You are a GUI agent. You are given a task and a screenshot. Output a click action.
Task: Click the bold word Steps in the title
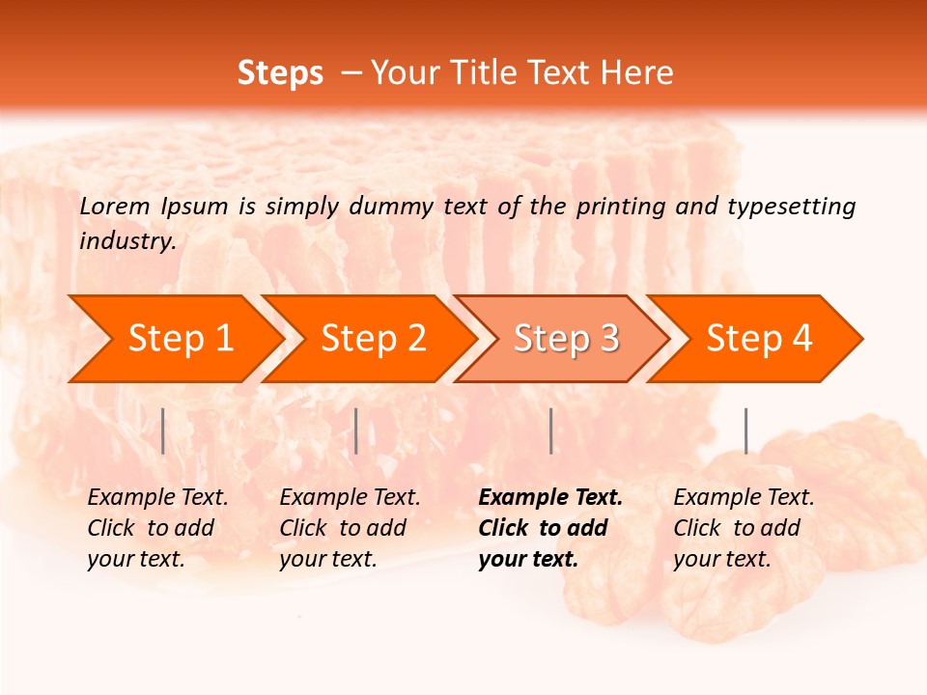click(280, 73)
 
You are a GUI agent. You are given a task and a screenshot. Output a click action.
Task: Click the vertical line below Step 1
click(163, 431)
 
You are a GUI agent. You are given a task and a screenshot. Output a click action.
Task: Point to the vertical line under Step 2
click(356, 431)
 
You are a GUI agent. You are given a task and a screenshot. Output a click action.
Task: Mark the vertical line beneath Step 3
click(550, 431)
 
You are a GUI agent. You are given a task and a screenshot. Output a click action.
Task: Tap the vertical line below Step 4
click(745, 431)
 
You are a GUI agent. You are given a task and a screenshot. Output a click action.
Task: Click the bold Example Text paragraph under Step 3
click(548, 528)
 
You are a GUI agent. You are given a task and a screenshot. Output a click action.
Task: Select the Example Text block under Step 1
click(156, 528)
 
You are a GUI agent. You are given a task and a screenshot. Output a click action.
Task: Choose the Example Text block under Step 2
click(349, 528)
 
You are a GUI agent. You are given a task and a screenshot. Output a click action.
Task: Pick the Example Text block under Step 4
click(743, 528)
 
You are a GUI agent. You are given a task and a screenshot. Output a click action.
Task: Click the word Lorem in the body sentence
click(115, 207)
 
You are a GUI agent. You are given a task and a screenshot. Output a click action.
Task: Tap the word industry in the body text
click(127, 241)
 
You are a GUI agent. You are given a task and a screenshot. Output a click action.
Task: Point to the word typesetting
click(791, 207)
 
